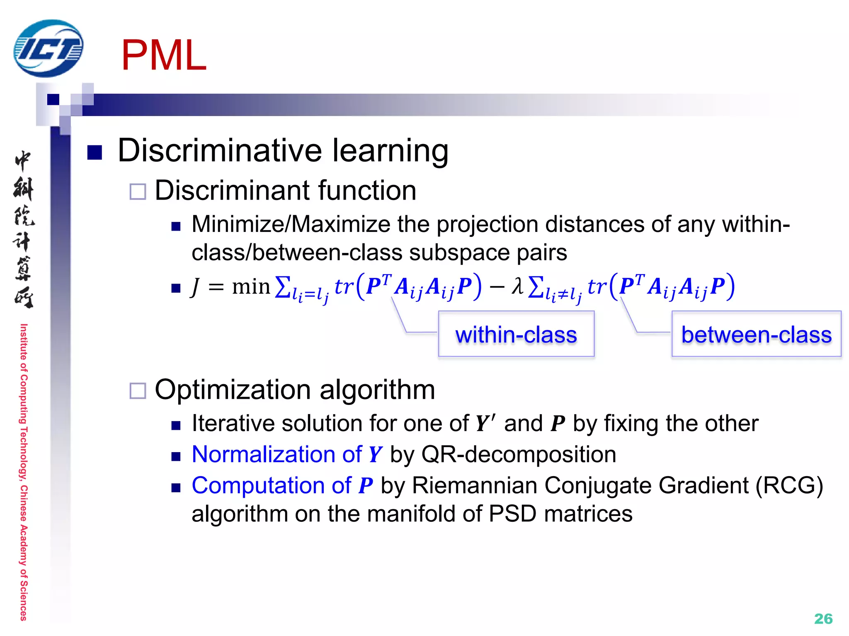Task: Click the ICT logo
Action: click(x=48, y=48)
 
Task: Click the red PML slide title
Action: click(x=164, y=55)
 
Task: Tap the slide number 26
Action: click(x=823, y=619)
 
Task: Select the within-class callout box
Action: click(x=516, y=334)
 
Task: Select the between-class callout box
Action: click(x=756, y=334)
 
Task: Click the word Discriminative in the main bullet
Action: click(x=220, y=150)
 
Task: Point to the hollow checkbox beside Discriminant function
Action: click(x=138, y=192)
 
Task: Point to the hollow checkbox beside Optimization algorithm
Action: click(x=138, y=390)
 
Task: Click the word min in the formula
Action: click(x=251, y=287)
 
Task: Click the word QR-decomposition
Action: click(x=519, y=454)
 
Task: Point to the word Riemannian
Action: click(x=475, y=485)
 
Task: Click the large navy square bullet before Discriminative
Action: click(x=95, y=152)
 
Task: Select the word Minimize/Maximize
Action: click(x=291, y=224)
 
